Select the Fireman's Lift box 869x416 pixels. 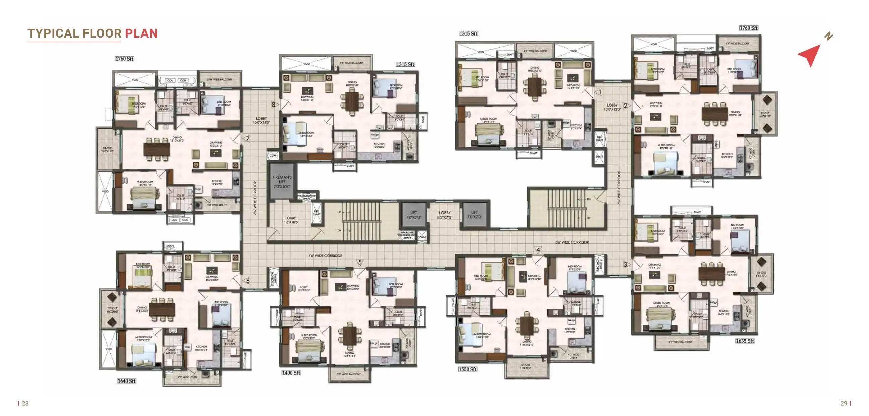(x=282, y=182)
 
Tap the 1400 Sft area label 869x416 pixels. (x=291, y=372)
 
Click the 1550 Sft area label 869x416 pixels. (x=467, y=369)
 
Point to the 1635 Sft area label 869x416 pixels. (x=745, y=341)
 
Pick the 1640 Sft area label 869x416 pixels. (x=126, y=380)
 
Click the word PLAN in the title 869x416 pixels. (x=141, y=33)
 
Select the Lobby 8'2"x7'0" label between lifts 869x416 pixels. (x=444, y=215)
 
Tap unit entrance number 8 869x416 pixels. (x=273, y=105)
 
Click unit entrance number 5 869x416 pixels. (x=360, y=262)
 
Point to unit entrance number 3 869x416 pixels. (x=625, y=264)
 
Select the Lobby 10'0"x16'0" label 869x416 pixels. (x=261, y=120)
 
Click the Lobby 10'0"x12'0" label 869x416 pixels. (x=612, y=107)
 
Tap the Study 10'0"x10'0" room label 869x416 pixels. (x=304, y=288)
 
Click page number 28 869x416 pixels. (x=25, y=403)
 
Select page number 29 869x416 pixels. (x=844, y=403)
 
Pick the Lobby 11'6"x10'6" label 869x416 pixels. (x=290, y=220)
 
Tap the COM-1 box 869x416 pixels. (x=273, y=155)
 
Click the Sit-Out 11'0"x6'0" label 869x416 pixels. (x=526, y=366)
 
